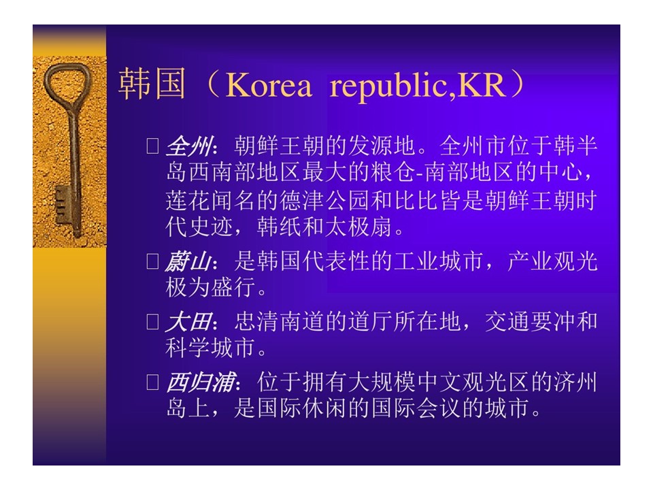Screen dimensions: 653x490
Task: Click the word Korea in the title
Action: click(x=269, y=86)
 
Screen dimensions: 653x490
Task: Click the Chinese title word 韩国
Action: click(x=152, y=84)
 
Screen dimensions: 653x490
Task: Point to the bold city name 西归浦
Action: click(x=200, y=382)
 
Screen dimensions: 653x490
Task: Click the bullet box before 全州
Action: click(x=153, y=146)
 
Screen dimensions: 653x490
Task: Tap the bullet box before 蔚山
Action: click(x=153, y=261)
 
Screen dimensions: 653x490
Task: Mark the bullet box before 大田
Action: click(x=153, y=322)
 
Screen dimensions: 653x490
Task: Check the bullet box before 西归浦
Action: click(x=153, y=382)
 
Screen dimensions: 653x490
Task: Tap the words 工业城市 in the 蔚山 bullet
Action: click(x=439, y=261)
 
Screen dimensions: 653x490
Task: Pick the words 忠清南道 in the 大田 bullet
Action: click(x=280, y=322)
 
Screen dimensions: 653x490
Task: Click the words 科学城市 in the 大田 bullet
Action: click(x=210, y=348)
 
